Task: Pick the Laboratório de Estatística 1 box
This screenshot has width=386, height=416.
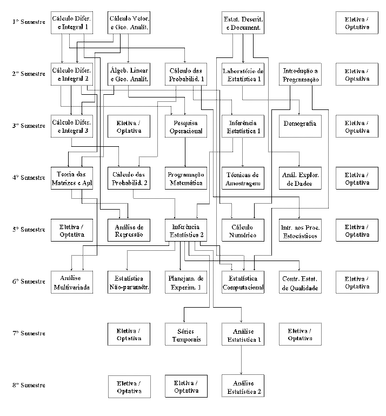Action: [x=243, y=75]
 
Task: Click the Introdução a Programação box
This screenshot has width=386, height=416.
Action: [x=301, y=75]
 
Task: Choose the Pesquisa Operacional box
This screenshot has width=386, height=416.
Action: [x=185, y=127]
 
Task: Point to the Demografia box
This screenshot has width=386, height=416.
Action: [x=301, y=124]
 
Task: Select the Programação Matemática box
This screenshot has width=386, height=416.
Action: [x=185, y=179]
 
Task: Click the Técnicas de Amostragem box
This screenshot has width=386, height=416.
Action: [x=243, y=179]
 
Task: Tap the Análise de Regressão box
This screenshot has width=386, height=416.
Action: [x=129, y=231]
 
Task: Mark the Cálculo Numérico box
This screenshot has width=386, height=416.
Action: [x=243, y=231]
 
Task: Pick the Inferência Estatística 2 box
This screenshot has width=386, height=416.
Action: [x=185, y=231]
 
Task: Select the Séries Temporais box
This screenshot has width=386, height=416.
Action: [x=185, y=335]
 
